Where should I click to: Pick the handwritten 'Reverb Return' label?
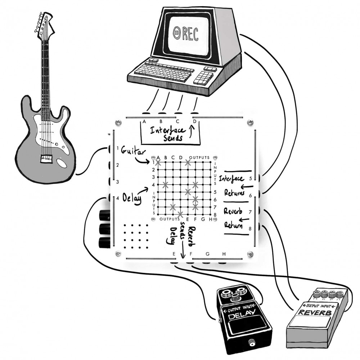tap(233, 218)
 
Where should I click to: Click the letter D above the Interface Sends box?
tap(194, 121)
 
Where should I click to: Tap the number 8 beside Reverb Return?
tap(249, 228)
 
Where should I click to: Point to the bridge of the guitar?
tap(46, 158)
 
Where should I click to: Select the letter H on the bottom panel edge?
tap(224, 254)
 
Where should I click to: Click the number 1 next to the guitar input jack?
tap(118, 148)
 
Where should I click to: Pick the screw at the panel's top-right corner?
tap(250, 122)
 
